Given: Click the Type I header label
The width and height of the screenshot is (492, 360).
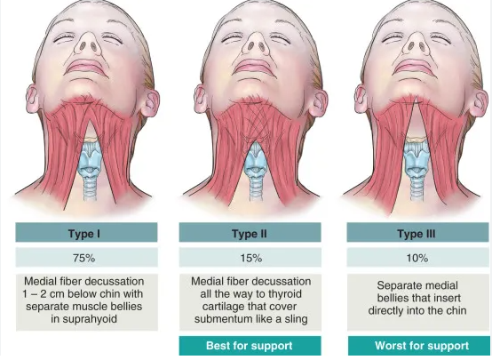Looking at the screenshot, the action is pos(84,234).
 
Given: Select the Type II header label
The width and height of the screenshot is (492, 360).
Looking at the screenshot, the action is pos(250,234).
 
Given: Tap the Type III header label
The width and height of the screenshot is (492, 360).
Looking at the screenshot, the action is pos(416,234).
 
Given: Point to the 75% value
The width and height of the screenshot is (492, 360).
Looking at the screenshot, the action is pos(83,258).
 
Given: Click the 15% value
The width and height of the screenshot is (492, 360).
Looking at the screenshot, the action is pos(251,258).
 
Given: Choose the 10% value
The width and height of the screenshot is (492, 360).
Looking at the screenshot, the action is pos(417,258).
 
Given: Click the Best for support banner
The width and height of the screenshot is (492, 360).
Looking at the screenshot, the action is pos(250,346).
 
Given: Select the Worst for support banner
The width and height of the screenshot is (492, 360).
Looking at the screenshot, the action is pos(418,346).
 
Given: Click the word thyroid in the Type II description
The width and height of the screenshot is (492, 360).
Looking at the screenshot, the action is pos(287,294).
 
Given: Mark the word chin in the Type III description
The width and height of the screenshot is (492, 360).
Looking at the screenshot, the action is pos(455,311).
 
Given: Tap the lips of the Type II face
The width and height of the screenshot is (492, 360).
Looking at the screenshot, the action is pos(251,67).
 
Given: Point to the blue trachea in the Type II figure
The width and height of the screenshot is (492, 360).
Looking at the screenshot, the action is pos(256,186).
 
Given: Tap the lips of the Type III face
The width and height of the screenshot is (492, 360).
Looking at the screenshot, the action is pos(413,67).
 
